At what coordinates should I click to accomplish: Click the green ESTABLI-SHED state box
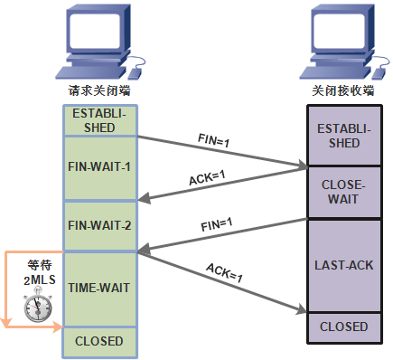tap(99, 119)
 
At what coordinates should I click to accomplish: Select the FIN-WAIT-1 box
tap(99, 168)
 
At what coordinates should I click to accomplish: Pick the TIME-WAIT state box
tap(99, 288)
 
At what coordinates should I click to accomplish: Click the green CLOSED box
tap(99, 341)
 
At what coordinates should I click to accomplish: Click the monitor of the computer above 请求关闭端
tap(95, 35)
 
